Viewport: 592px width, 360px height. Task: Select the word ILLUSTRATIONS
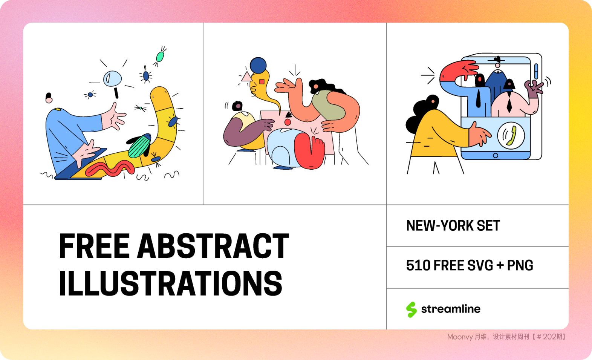coord(171,283)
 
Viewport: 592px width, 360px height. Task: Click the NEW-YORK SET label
coord(453,226)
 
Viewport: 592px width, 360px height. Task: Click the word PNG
coord(520,265)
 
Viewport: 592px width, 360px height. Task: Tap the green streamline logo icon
coord(411,309)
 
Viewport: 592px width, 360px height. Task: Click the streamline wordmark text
coord(451,309)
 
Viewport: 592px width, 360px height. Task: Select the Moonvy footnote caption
coord(506,337)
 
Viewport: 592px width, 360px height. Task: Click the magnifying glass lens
coord(113,78)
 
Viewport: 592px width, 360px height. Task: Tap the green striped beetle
coord(139,146)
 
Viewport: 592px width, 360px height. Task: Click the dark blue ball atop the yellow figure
coord(258,66)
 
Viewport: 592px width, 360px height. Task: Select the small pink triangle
coord(246,77)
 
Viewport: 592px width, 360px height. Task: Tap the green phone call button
coord(511,135)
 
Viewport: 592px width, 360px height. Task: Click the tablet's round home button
coord(496,155)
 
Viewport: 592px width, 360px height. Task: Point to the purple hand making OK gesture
coord(533,89)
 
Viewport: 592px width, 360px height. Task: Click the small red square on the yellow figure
coord(262,82)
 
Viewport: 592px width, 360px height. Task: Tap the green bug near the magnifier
coord(160,57)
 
